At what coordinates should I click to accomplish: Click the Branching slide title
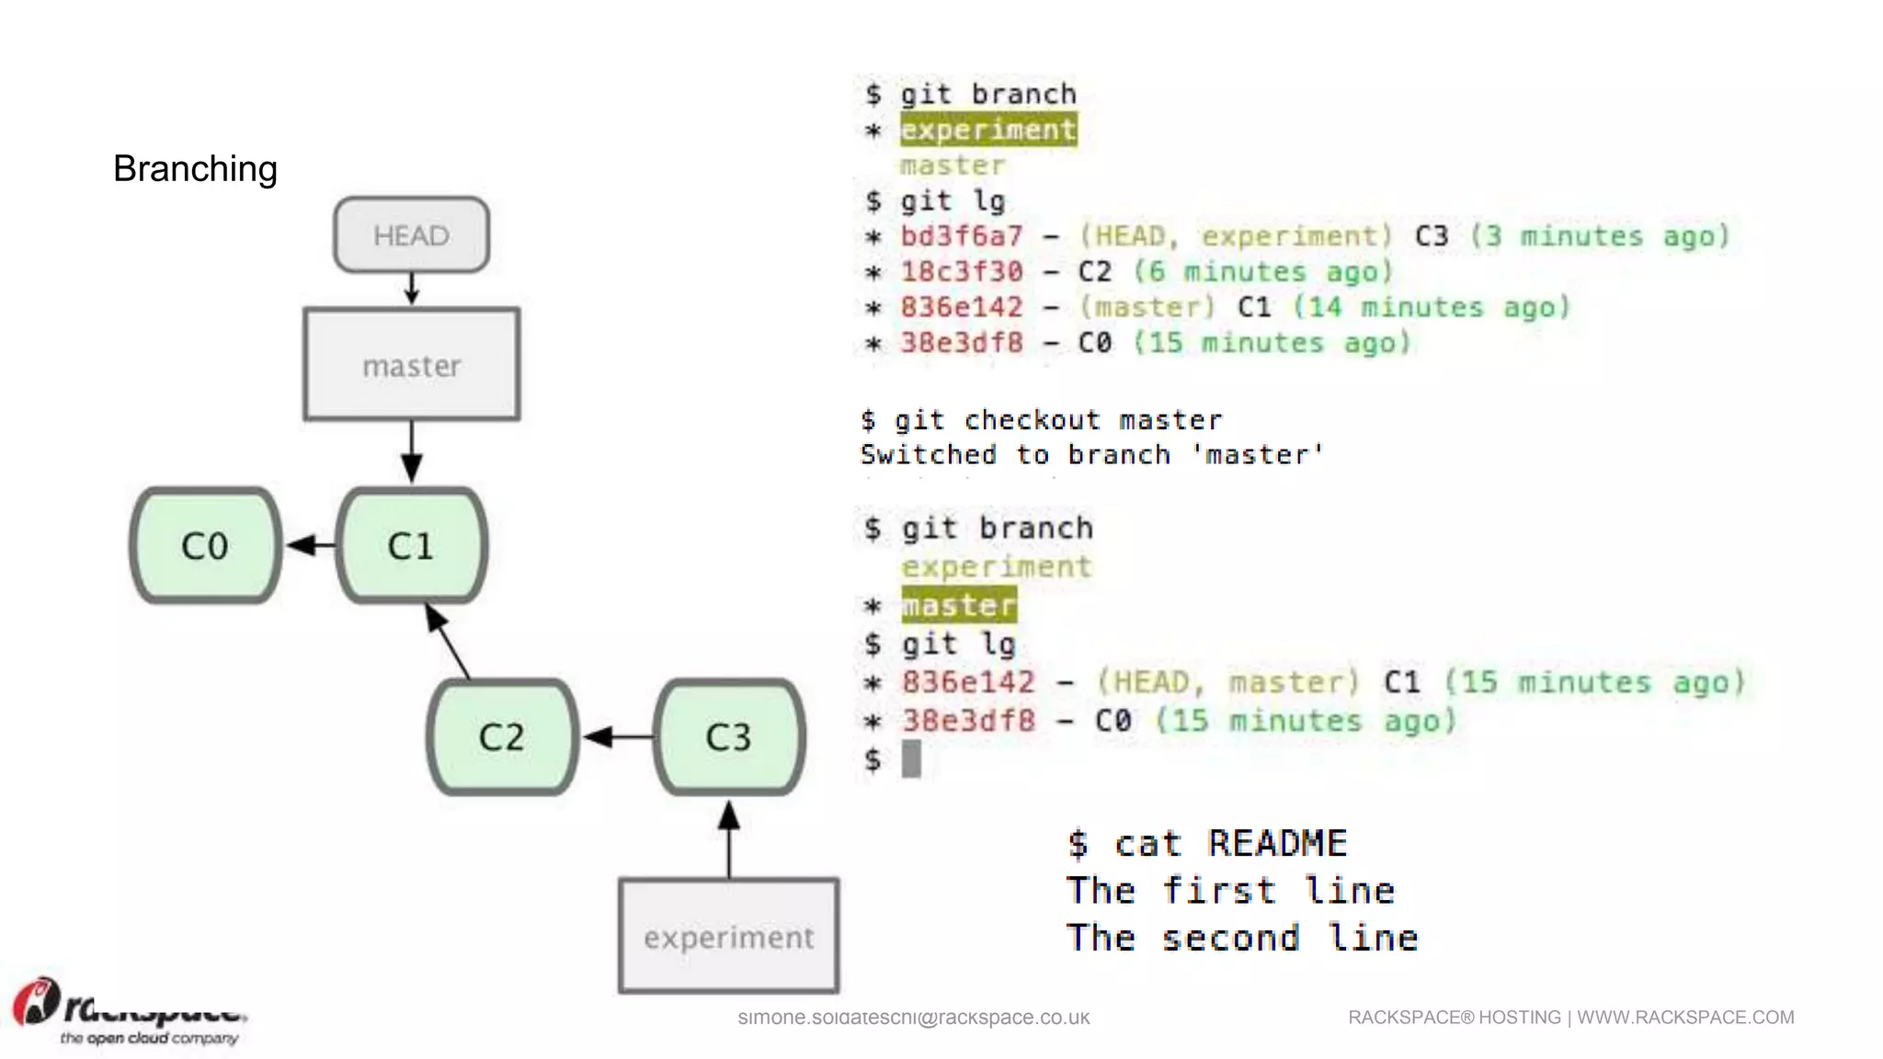195,169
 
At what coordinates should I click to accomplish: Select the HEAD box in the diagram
411,235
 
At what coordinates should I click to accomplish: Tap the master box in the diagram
411,365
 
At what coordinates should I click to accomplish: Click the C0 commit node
205,546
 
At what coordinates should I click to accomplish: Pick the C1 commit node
411,546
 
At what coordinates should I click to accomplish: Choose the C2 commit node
502,737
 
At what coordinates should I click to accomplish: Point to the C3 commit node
729,737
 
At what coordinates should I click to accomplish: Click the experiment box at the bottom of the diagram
729,937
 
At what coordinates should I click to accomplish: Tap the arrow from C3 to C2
617,736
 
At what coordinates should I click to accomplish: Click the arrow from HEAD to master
412,288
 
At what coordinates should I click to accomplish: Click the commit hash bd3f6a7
961,236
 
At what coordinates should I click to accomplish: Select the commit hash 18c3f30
961,272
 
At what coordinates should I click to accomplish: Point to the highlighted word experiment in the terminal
988,130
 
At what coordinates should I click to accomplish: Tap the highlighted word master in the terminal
959,605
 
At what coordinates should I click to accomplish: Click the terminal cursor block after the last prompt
911,759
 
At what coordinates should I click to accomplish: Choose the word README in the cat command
1277,843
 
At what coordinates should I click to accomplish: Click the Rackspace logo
129,1011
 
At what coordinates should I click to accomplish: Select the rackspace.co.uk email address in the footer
913,1018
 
